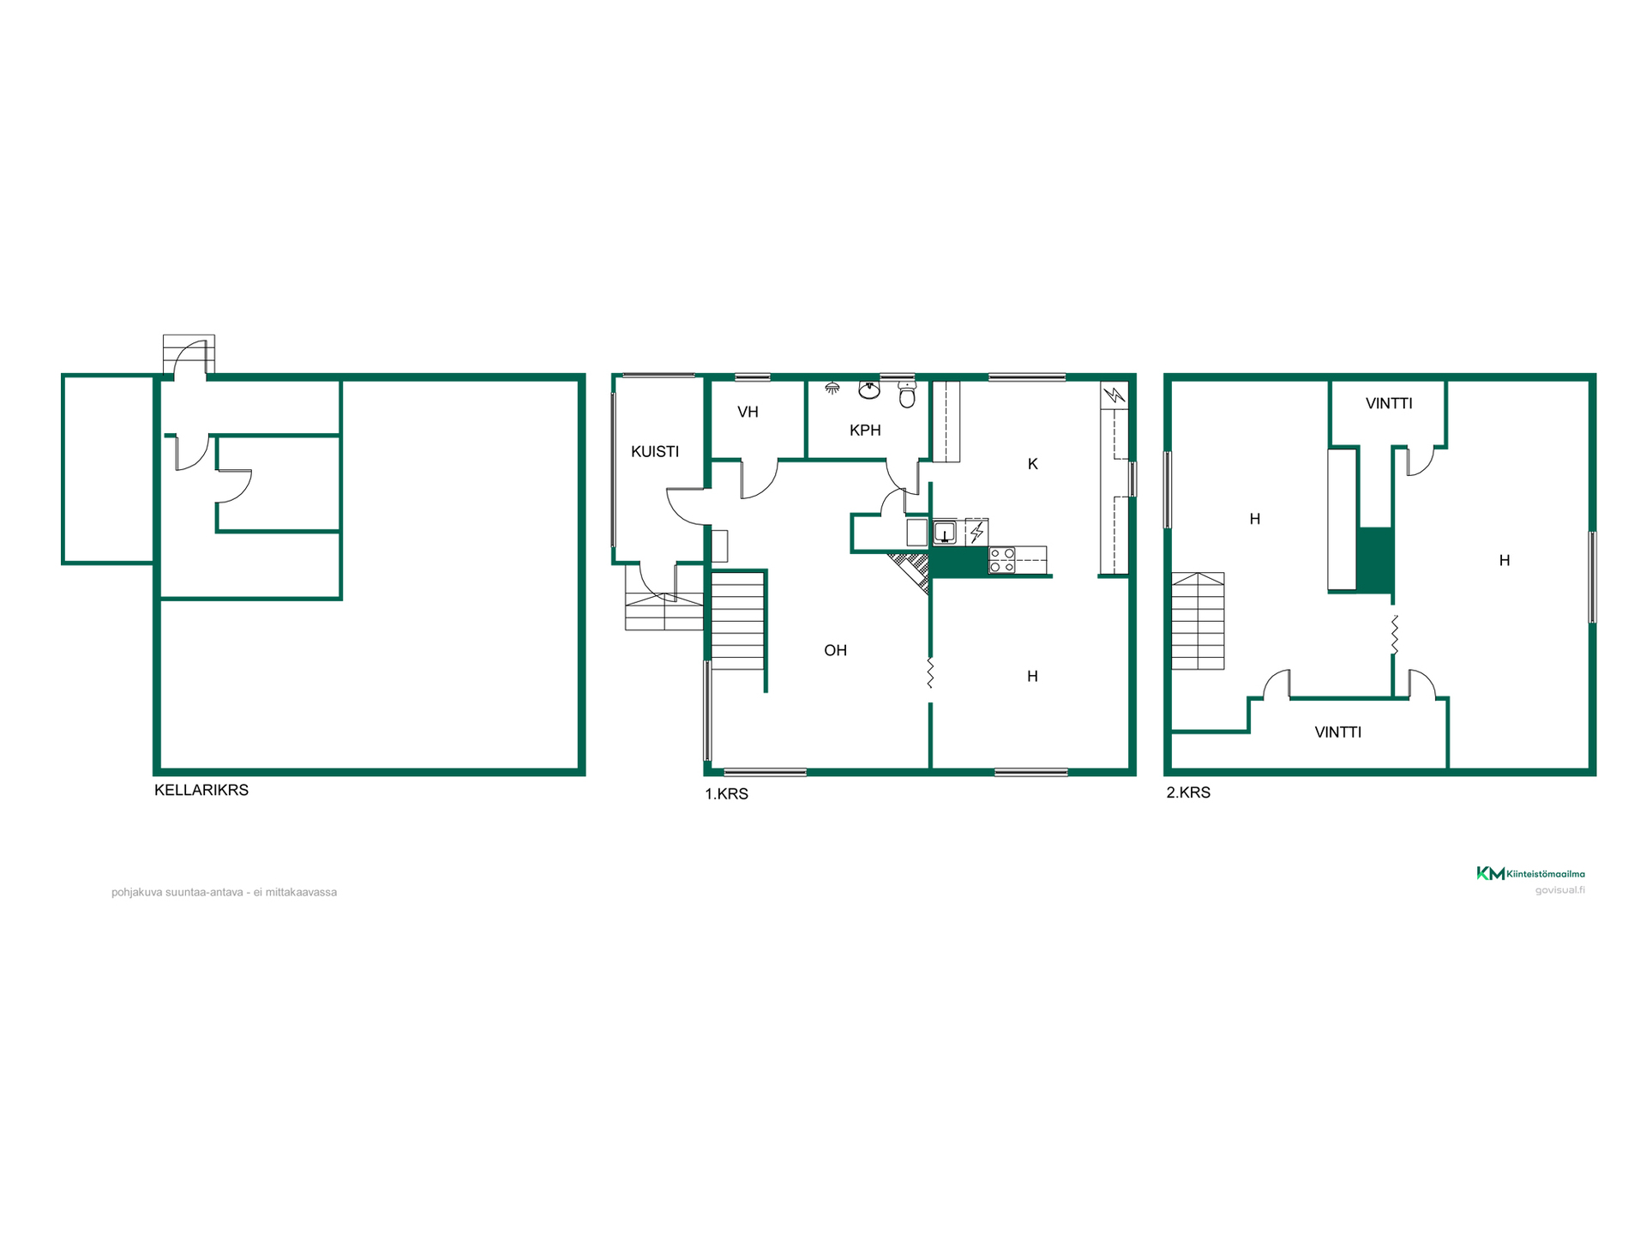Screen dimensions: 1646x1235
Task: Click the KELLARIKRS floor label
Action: pos(201,790)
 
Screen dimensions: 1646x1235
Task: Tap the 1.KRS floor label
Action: pos(727,794)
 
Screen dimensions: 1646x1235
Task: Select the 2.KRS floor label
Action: pos(1188,792)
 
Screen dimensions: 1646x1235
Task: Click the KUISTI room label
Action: pos(655,451)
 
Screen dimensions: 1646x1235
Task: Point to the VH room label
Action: pos(748,412)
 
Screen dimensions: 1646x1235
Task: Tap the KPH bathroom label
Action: pos(865,430)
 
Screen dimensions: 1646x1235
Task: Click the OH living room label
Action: pos(836,650)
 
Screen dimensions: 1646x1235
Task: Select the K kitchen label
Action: pos(1033,464)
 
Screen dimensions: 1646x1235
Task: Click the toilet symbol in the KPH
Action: pos(907,395)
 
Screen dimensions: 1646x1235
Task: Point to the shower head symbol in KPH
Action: pos(832,389)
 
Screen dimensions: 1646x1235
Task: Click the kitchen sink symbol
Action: pos(945,533)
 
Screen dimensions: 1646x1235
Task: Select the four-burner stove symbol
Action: pos(1002,560)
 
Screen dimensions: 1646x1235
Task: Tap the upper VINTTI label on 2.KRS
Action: pos(1389,403)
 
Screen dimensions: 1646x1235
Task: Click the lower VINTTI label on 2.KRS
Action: pos(1338,732)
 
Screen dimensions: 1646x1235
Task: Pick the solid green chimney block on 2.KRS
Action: pos(1375,560)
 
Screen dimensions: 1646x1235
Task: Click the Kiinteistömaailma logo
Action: pos(1530,874)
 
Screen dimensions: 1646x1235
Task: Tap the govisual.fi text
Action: pos(1559,890)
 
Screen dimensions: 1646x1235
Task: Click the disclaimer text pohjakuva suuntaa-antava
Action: pos(224,892)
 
